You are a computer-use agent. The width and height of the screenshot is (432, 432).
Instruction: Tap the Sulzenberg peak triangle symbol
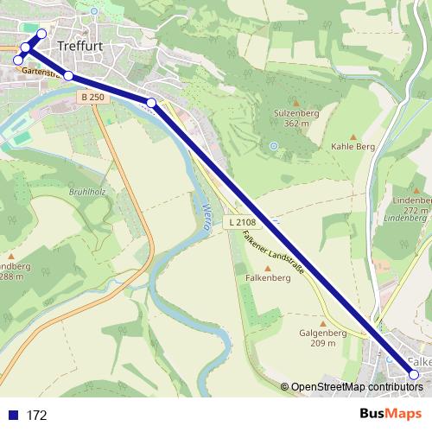[293, 101]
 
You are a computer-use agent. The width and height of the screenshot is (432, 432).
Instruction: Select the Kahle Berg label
[353, 147]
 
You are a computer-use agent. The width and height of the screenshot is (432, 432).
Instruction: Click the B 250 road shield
[92, 98]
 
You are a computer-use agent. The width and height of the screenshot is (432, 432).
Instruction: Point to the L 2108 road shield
[244, 223]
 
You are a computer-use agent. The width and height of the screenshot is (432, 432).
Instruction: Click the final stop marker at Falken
[413, 374]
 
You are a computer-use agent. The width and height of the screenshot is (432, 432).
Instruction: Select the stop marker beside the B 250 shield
[68, 77]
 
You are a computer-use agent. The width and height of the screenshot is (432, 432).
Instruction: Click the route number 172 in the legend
[36, 416]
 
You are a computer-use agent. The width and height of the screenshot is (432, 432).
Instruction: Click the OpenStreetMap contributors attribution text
[357, 387]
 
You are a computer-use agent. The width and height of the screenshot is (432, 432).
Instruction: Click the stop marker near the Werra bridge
[151, 104]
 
